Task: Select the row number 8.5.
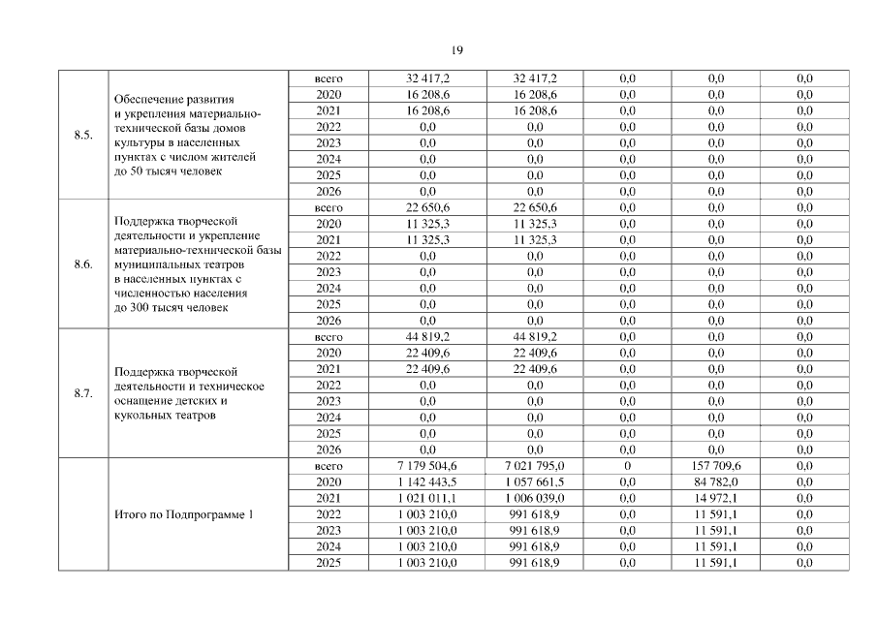82,135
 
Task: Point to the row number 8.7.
82,393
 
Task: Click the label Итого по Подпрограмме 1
183,514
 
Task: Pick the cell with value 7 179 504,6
426,466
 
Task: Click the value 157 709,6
717,466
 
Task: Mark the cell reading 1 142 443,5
426,482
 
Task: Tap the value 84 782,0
717,482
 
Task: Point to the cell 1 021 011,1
426,498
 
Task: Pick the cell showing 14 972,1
717,498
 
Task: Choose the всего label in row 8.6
329,207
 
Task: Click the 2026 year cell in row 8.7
329,449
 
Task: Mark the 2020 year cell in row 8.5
329,94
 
